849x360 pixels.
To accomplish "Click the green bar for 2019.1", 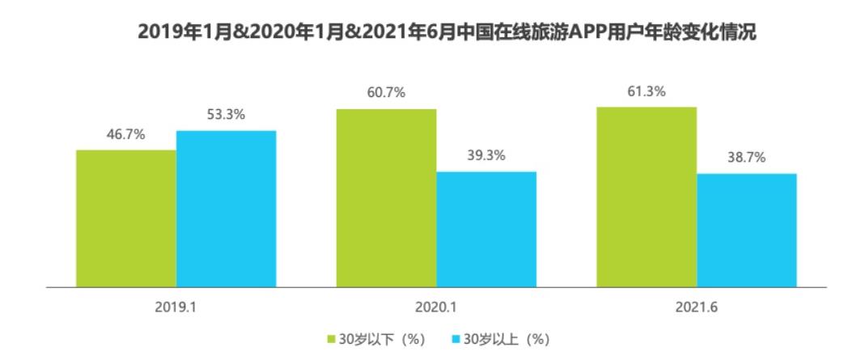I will click(125, 218).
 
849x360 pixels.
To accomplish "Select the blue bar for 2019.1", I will click(226, 208).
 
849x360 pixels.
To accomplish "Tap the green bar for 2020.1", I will click(386, 197).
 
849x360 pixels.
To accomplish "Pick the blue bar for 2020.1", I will click(486, 229).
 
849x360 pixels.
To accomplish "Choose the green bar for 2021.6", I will click(647, 197).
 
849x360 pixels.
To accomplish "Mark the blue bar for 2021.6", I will click(747, 230).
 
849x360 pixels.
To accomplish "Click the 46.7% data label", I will click(125, 134).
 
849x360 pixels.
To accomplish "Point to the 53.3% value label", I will click(226, 114).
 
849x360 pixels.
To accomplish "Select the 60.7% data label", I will click(386, 93).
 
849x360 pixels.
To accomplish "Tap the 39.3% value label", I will click(486, 155).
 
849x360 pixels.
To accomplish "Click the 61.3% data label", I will click(647, 91).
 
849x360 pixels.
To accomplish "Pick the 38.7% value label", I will click(747, 157).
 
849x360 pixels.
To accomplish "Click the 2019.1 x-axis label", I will click(176, 308).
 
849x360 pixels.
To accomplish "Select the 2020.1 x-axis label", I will click(436, 308).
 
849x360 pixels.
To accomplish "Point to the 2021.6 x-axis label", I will click(697, 308).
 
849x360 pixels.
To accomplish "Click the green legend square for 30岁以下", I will click(332, 337).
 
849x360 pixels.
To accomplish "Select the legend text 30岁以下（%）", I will click(380, 337).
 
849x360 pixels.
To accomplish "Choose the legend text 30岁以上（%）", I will click(507, 337).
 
